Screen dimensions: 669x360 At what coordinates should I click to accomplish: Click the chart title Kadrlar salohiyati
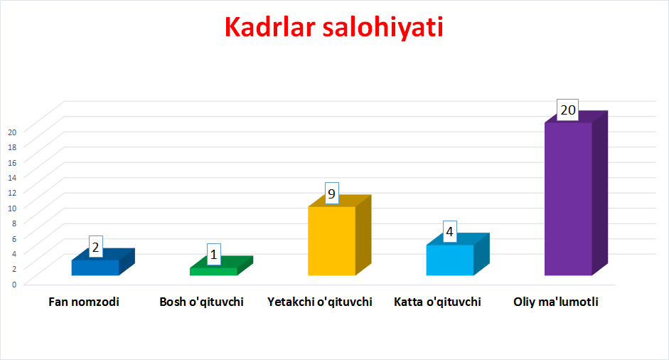point(333,28)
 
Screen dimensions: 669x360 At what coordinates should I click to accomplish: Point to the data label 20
point(568,110)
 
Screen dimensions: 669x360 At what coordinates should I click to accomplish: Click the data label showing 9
point(331,194)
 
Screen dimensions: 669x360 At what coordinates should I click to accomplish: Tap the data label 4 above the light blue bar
point(450,231)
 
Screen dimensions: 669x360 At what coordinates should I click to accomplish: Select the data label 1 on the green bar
point(214,255)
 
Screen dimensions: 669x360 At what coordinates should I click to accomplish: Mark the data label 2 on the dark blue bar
point(95,247)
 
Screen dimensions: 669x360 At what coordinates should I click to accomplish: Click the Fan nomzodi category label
point(84,302)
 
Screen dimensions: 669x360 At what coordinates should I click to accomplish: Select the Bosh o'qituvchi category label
point(201,302)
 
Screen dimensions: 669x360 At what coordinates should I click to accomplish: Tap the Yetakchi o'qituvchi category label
point(319,302)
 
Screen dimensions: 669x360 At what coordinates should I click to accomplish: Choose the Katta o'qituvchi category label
point(437,302)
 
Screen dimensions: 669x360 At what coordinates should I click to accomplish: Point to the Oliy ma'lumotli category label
point(555,302)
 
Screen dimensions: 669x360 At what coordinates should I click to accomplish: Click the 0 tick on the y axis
point(14,285)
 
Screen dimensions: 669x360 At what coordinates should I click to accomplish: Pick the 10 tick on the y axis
point(12,208)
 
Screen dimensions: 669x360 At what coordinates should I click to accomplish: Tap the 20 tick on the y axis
point(12,132)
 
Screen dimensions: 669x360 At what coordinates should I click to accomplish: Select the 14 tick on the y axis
point(12,178)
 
